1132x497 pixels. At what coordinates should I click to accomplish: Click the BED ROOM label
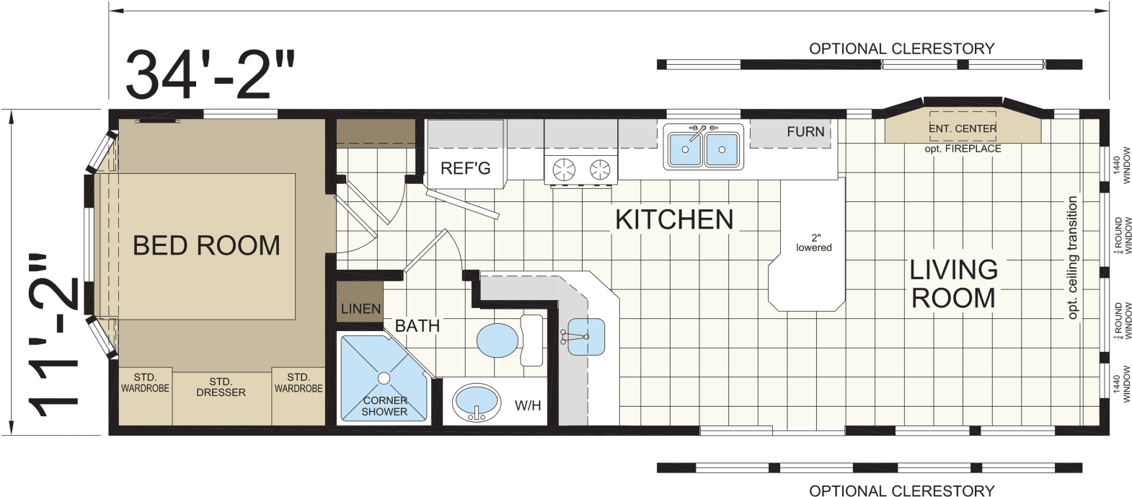[x=206, y=246]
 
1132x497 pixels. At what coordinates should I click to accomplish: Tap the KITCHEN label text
[x=673, y=219]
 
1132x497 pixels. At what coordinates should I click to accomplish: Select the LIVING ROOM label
[x=953, y=283]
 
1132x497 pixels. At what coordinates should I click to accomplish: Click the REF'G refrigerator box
[x=466, y=168]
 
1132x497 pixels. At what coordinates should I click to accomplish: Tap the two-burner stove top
[x=581, y=169]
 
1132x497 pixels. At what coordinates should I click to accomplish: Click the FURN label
[x=805, y=132]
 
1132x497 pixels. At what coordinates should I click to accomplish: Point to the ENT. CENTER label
[x=963, y=128]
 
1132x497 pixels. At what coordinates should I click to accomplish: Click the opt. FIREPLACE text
[x=963, y=149]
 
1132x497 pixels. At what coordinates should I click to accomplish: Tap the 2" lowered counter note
[x=814, y=243]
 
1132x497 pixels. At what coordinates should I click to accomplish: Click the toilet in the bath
[x=508, y=339]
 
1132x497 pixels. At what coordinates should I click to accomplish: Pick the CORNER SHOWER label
[x=384, y=405]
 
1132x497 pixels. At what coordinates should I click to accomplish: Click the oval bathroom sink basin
[x=476, y=401]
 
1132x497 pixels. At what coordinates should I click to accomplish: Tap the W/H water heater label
[x=528, y=405]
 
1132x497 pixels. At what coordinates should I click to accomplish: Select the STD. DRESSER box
[x=221, y=387]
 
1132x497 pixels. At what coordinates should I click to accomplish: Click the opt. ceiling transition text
[x=1072, y=258]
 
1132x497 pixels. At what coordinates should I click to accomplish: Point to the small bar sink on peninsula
[x=585, y=337]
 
